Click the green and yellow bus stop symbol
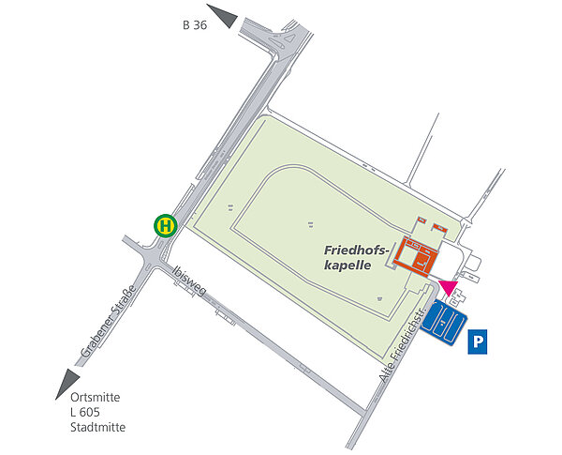[166, 226]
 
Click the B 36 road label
[194, 25]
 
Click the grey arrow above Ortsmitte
[67, 382]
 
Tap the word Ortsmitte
[95, 397]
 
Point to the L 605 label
[86, 413]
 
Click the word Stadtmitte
[97, 429]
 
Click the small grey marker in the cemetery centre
[310, 223]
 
